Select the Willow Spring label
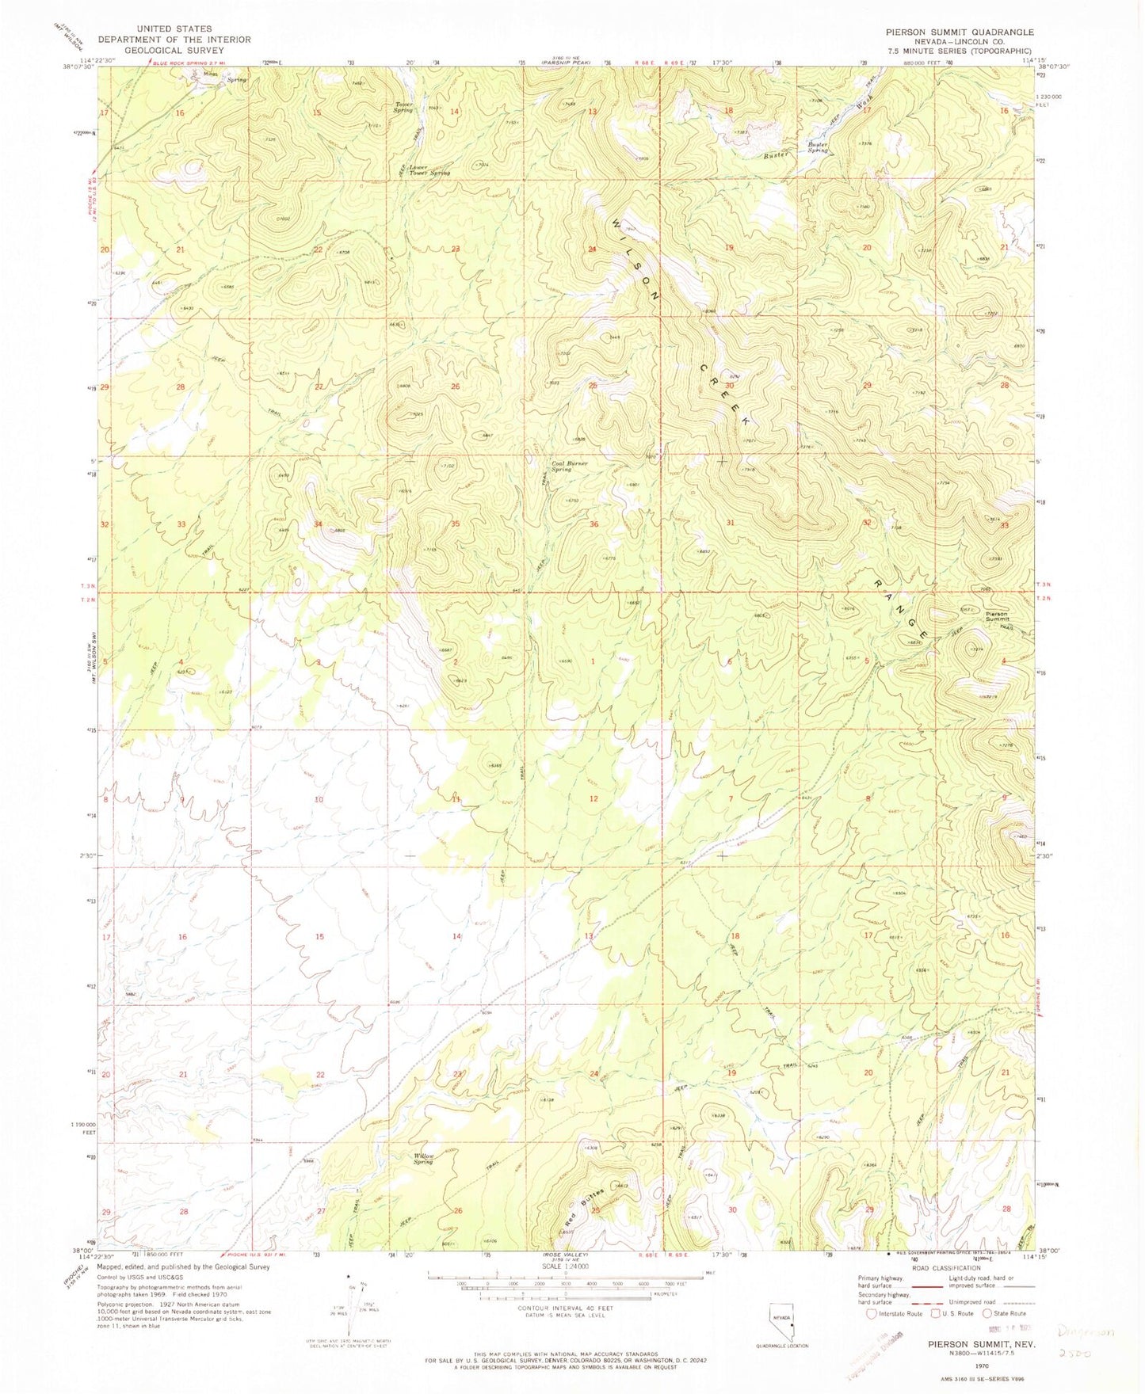point(424,1158)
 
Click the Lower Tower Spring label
point(429,169)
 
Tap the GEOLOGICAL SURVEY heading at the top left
point(174,50)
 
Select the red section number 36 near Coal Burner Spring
point(593,524)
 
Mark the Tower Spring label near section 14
point(403,107)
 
